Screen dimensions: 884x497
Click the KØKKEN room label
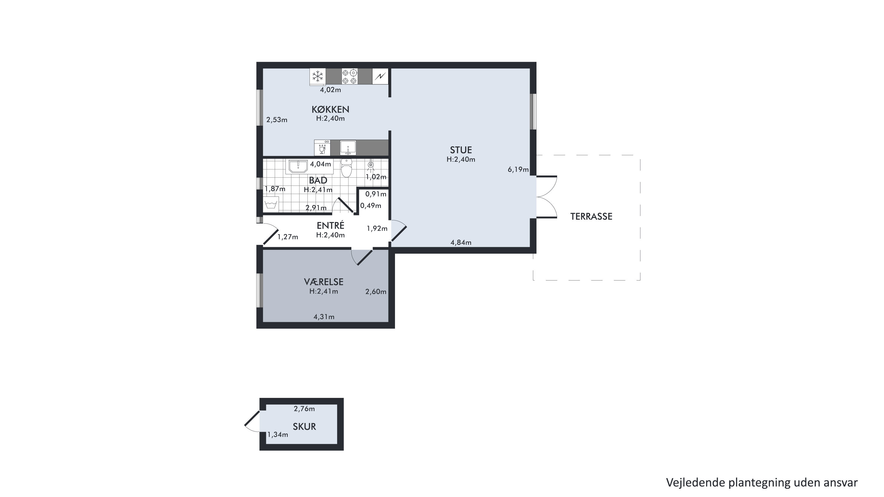click(x=330, y=109)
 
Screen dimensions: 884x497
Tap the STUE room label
click(x=461, y=150)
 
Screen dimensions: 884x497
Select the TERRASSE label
click(x=591, y=216)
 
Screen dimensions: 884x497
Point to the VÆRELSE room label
click(x=324, y=282)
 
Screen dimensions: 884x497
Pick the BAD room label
click(x=318, y=180)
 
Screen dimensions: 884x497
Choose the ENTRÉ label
click(x=330, y=225)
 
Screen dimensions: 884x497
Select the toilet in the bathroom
click(x=347, y=168)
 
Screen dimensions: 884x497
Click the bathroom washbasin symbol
click(x=298, y=167)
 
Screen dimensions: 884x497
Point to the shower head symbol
click(x=371, y=165)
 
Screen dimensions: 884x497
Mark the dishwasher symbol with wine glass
click(x=322, y=148)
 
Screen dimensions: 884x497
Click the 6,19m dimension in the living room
click(x=518, y=169)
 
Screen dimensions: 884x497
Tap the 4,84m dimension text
click(x=461, y=242)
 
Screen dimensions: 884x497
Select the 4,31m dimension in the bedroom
click(x=324, y=317)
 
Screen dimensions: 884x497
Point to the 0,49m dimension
click(x=371, y=206)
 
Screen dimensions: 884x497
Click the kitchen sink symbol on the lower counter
click(x=348, y=148)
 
